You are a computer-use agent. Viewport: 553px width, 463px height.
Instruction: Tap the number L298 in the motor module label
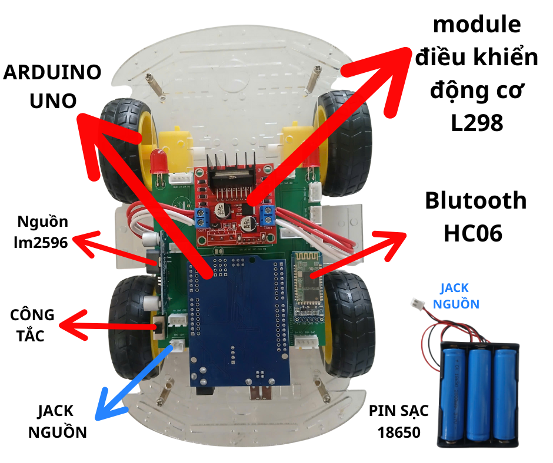click(x=477, y=123)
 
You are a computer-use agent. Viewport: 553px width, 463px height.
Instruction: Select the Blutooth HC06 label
click(x=476, y=216)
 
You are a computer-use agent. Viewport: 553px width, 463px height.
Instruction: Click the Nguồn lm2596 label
click(x=43, y=232)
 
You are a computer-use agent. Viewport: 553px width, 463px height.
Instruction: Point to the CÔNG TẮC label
click(x=32, y=325)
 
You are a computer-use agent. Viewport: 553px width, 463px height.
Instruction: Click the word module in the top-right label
click(x=477, y=25)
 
